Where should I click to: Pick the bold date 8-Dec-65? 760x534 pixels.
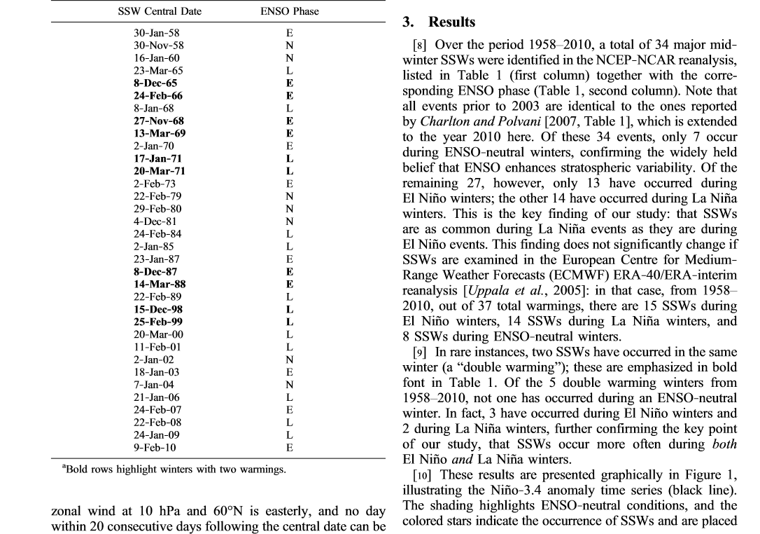tap(155, 83)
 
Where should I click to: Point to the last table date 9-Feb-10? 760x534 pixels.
tap(155, 447)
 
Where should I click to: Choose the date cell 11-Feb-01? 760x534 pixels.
tap(158, 347)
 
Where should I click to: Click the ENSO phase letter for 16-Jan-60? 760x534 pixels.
tap(290, 58)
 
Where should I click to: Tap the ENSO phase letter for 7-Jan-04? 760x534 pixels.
tap(290, 384)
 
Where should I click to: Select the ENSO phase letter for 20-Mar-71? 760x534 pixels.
tap(290, 171)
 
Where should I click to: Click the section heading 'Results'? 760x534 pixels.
tap(451, 22)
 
